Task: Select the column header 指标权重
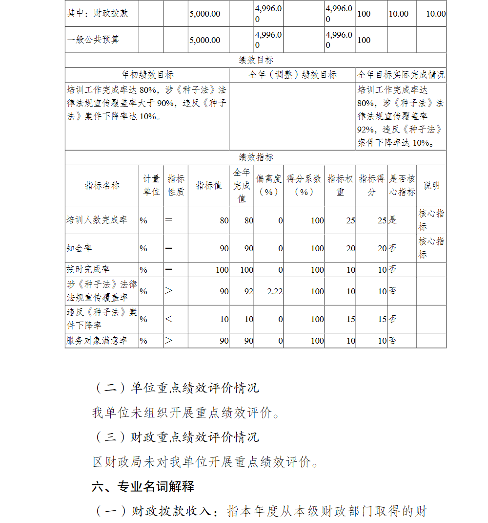tap(340, 185)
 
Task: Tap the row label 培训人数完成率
tap(97, 220)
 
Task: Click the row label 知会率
tap(79, 248)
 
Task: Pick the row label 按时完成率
tap(88, 269)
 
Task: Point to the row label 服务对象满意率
tap(97, 341)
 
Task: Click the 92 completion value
tap(249, 291)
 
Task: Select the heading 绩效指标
tap(256, 157)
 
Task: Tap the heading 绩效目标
tap(256, 60)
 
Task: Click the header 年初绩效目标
tap(147, 75)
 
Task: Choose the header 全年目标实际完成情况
tap(401, 75)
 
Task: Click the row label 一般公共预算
tap(93, 40)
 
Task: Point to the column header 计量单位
tap(151, 185)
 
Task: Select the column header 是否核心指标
tap(402, 185)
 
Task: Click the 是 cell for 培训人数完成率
tap(393, 220)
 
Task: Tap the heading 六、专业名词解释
tap(143, 486)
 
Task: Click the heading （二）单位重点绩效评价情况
tap(176, 388)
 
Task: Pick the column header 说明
tap(431, 185)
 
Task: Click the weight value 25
tap(350, 220)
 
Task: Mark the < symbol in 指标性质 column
tap(169, 319)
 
